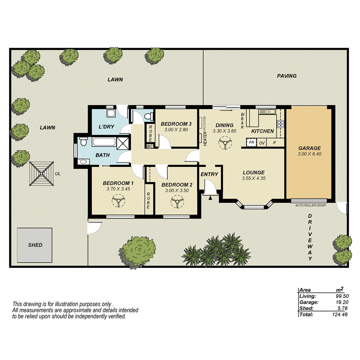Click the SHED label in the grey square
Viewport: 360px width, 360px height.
(x=35, y=245)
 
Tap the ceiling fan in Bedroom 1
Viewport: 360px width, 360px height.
(x=118, y=200)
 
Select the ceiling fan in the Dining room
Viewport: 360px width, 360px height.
(x=224, y=144)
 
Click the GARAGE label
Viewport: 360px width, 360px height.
(x=309, y=148)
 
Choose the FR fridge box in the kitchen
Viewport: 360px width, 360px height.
(x=251, y=143)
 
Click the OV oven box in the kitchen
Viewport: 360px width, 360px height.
(x=262, y=143)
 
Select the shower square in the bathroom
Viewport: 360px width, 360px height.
(x=123, y=143)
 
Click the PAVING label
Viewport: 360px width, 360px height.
(x=287, y=76)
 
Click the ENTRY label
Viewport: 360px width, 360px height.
(x=209, y=174)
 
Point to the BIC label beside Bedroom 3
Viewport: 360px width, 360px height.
(x=149, y=146)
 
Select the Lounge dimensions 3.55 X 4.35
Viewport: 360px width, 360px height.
(x=253, y=178)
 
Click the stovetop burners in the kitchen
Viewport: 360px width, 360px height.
(x=281, y=124)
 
